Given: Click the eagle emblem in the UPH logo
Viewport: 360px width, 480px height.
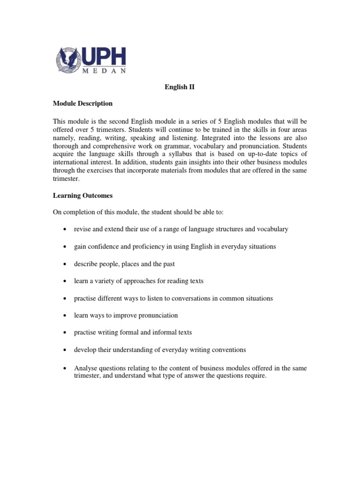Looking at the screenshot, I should point(68,60).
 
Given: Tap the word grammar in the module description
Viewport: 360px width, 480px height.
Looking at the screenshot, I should point(198,145).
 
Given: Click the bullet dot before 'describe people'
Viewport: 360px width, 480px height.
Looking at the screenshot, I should point(64,264).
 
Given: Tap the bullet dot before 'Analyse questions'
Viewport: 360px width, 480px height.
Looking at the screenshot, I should point(64,368).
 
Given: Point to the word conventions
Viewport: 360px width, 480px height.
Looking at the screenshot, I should point(229,350).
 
